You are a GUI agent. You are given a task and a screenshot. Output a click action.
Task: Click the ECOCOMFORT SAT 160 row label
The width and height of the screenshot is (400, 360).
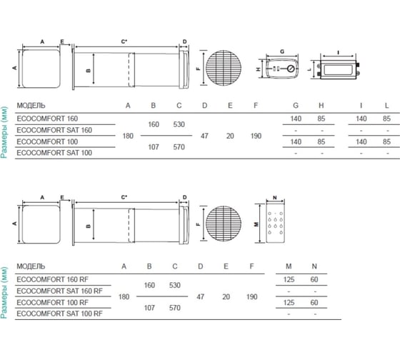[54, 130]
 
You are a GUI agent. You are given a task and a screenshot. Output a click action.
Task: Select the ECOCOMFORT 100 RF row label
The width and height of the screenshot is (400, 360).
[52, 303]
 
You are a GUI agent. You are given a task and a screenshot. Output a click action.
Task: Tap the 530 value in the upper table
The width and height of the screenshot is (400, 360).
[179, 124]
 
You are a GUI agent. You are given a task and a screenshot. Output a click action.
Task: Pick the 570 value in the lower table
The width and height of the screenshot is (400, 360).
[175, 308]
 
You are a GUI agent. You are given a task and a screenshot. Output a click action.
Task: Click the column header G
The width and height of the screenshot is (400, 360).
[296, 106]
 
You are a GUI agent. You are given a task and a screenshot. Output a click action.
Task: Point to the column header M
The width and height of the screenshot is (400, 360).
[289, 266]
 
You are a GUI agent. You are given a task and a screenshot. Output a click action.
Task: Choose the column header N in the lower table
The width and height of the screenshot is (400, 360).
[314, 266]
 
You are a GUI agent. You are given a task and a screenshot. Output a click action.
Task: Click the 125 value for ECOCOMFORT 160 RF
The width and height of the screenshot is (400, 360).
[289, 279]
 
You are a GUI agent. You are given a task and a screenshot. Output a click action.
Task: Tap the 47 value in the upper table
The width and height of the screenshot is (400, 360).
[204, 136]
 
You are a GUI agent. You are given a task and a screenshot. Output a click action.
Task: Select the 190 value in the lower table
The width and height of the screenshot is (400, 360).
[251, 296]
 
